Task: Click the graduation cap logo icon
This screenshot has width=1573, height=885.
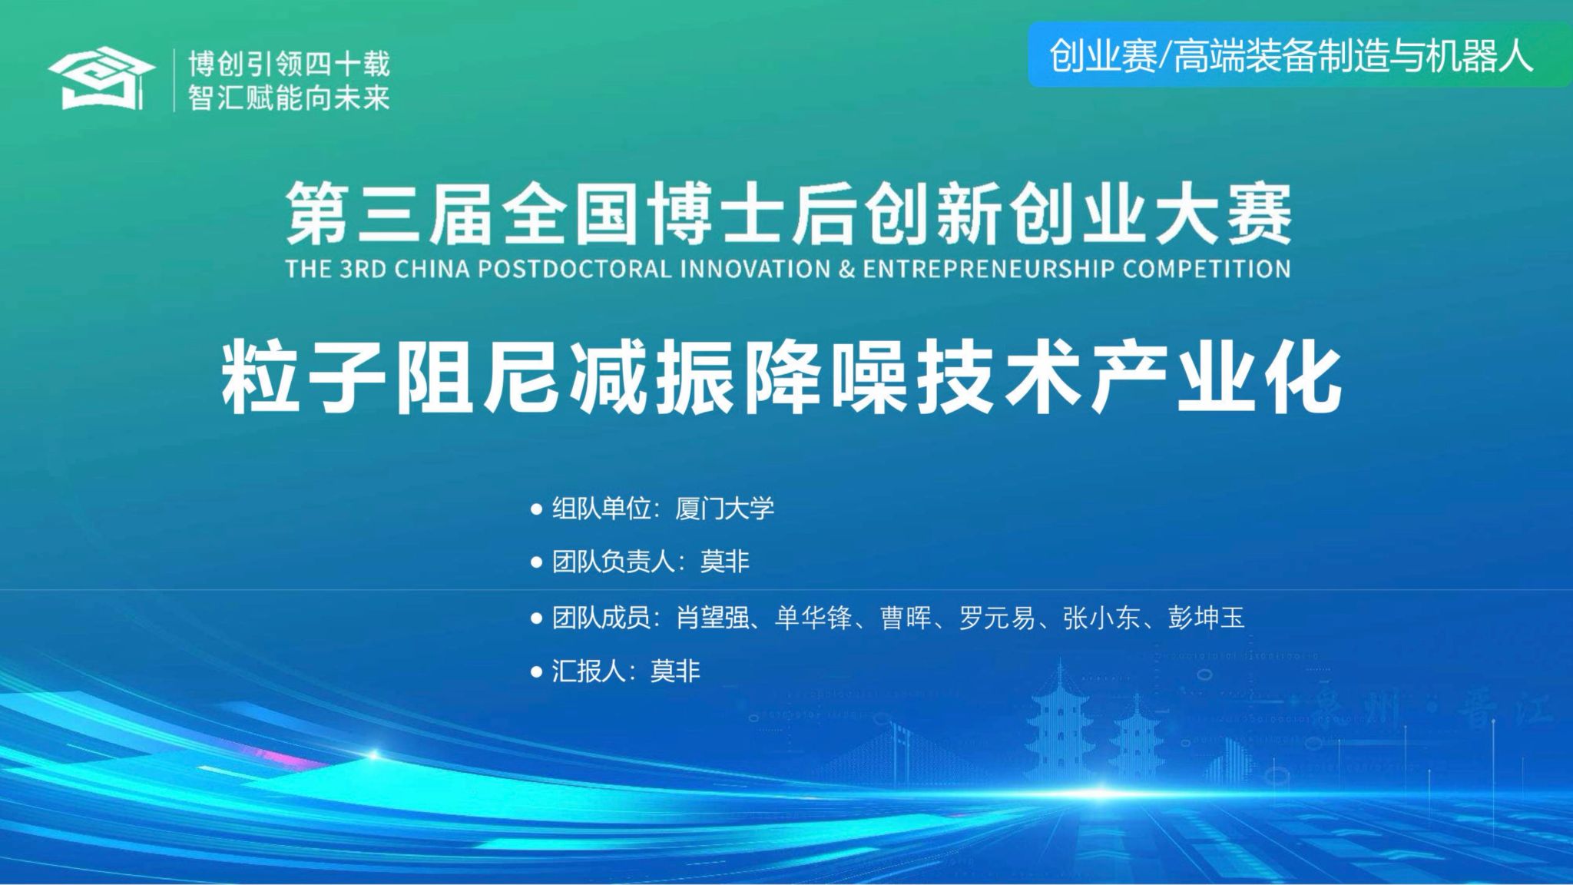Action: coord(96,78)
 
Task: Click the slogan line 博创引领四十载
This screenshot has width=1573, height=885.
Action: coord(290,64)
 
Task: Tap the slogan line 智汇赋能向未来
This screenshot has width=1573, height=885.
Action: coord(290,97)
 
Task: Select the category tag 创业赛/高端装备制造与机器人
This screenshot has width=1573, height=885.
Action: coord(1291,56)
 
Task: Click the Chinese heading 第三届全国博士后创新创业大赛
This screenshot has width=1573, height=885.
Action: coord(788,215)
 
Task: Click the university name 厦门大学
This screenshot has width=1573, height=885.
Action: coord(725,509)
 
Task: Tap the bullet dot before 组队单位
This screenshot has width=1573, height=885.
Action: coord(537,509)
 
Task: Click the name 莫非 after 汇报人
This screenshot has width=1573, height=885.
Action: coord(676,671)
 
